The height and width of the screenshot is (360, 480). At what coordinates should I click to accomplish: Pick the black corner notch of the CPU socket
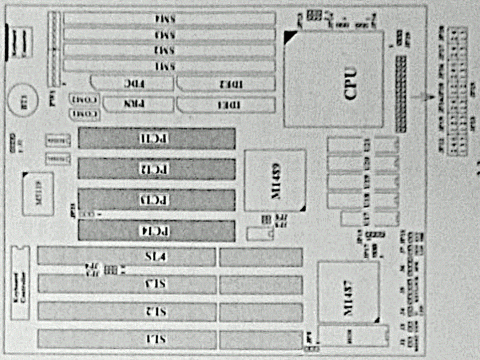click(290, 37)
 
